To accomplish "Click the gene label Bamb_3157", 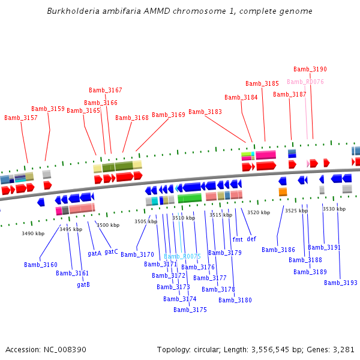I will coord(21,118).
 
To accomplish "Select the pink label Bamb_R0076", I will coord(305,82).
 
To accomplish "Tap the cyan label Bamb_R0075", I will coord(182,256).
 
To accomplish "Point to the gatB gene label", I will coord(83,284).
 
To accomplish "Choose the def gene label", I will coord(251,239).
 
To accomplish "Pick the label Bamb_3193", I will coord(341,283).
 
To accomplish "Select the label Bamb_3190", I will coord(310,69).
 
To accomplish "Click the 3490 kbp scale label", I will coord(33,233).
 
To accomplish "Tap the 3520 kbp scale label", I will coord(259,212).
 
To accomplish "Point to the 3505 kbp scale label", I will coord(146,221).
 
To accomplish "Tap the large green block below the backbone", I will coord(190,198).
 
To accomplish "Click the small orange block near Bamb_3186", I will coord(283,191).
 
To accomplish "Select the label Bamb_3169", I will coord(169,115).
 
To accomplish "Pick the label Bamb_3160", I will coord(41,265).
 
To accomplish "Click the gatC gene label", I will coord(111,251).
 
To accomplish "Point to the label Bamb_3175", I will coord(190,310).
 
